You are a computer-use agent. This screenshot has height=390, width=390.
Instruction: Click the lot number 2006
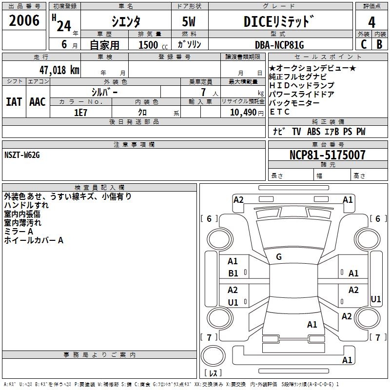click(24, 21)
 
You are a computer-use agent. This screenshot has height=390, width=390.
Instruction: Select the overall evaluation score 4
click(371, 22)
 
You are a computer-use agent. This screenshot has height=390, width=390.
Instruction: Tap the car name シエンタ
click(126, 22)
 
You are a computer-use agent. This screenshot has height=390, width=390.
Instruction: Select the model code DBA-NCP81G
click(279, 45)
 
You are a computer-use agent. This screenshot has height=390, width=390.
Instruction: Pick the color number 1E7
click(80, 112)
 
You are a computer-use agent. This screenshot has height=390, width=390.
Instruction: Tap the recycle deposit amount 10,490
click(242, 112)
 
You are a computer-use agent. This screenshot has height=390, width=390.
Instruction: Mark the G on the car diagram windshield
click(279, 257)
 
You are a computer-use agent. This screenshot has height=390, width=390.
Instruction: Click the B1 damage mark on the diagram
click(233, 273)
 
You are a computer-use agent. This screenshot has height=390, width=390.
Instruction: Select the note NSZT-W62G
click(21, 155)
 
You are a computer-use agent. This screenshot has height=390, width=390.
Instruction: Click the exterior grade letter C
click(363, 44)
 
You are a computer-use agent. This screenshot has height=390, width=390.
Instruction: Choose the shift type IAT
click(14, 102)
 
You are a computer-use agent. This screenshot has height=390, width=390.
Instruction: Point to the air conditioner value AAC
click(38, 102)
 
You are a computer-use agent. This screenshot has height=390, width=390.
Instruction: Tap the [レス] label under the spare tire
click(215, 373)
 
